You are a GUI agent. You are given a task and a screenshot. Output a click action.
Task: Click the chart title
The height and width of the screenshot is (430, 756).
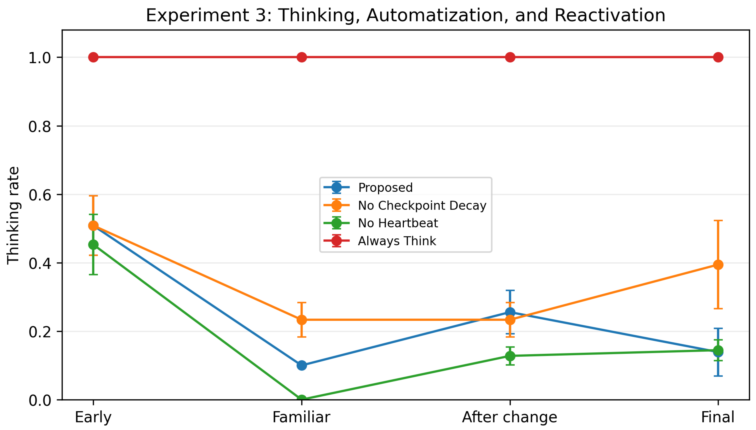[x=405, y=15]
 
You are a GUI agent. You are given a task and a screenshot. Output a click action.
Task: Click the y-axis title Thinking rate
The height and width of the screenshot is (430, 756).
[x=13, y=215]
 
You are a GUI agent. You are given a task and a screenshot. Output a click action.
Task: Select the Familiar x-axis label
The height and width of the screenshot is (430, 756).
[x=301, y=417]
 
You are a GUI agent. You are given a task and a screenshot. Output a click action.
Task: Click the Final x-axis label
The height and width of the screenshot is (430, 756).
[x=718, y=417]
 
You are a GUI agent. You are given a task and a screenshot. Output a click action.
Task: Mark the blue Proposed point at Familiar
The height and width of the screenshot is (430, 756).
[x=301, y=365]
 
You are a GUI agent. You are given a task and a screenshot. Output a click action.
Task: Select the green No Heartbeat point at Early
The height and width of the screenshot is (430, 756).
[x=93, y=245]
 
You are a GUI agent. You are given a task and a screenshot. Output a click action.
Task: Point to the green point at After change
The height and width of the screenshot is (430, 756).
[x=510, y=356]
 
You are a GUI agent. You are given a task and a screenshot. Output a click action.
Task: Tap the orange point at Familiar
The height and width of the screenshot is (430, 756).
[x=301, y=320]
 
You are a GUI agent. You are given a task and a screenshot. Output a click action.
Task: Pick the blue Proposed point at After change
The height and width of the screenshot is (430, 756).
[x=510, y=312]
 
